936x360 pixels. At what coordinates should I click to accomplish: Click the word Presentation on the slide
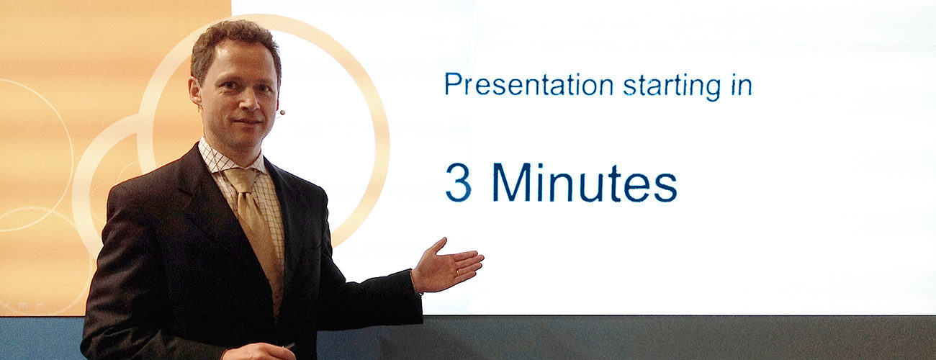(x=528, y=84)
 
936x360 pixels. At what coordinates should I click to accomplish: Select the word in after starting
(x=742, y=84)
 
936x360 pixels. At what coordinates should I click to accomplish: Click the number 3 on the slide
(x=459, y=182)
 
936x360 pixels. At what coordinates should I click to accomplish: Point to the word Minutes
(x=585, y=182)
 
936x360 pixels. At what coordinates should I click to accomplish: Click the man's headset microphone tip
(x=282, y=112)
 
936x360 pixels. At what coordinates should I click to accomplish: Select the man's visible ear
(x=195, y=91)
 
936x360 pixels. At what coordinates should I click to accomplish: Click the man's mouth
(x=248, y=122)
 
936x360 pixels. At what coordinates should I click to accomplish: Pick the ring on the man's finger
(x=457, y=272)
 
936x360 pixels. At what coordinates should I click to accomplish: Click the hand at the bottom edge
(x=259, y=352)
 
